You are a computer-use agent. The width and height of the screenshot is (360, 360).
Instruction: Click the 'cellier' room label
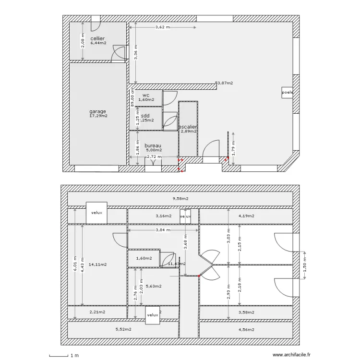[x=97, y=38]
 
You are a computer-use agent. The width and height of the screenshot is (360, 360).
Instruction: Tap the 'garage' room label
[x=97, y=111]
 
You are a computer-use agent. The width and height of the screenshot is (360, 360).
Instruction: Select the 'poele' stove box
[x=288, y=93]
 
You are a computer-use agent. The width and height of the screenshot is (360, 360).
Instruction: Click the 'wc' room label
[x=146, y=96]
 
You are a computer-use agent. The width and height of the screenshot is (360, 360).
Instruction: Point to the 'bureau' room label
[x=153, y=145]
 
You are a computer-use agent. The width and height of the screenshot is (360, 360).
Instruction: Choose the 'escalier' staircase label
[x=188, y=127]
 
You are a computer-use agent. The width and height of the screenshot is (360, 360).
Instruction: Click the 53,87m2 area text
[x=224, y=83]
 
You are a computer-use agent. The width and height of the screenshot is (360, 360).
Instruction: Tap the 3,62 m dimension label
[x=163, y=27]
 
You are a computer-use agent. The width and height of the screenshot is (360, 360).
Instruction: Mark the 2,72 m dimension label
[x=154, y=156]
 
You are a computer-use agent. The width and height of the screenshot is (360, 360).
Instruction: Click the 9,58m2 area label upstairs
[x=180, y=198]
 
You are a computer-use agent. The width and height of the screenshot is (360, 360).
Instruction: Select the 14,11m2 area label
[x=98, y=264]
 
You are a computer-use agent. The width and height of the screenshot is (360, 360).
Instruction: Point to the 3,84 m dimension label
[x=163, y=230]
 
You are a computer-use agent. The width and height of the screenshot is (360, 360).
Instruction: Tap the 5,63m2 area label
[x=153, y=286]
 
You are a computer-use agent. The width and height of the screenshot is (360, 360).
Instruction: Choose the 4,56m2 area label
[x=246, y=329]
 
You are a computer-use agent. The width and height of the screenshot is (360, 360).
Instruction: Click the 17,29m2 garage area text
[x=98, y=116]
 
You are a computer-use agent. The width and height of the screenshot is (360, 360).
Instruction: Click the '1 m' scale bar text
[x=74, y=356]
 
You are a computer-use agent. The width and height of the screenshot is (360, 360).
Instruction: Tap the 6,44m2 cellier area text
[x=98, y=43]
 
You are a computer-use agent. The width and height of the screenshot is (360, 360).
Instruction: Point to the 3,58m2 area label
[x=246, y=312]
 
